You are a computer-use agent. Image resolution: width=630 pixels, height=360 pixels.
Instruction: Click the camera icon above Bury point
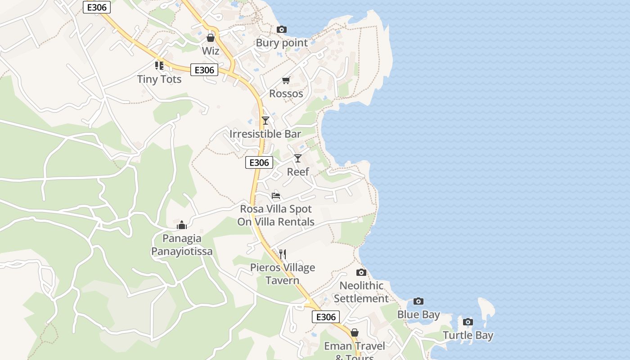(x=282, y=30)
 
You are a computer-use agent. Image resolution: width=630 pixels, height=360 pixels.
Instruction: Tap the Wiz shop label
(x=211, y=51)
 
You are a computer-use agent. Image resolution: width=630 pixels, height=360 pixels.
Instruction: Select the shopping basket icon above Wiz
(x=211, y=38)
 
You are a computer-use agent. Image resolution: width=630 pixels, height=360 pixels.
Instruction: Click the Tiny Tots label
(x=159, y=79)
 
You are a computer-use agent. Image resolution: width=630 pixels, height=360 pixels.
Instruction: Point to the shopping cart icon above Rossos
(x=286, y=81)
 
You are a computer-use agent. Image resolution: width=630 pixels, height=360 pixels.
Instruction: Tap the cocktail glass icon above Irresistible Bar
(x=265, y=120)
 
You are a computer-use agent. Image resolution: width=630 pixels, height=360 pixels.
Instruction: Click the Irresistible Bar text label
(x=265, y=134)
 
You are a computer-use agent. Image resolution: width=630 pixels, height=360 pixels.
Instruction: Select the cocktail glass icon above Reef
(x=298, y=158)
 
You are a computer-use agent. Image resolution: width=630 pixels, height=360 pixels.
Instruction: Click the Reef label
(x=298, y=172)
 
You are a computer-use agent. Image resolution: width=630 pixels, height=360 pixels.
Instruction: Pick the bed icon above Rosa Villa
(x=276, y=196)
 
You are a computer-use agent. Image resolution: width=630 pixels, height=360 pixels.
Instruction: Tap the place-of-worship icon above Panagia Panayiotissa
(x=182, y=225)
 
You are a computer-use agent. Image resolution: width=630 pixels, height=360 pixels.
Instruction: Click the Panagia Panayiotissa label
(x=182, y=245)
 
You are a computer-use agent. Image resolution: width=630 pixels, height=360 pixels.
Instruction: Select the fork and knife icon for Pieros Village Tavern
(x=283, y=254)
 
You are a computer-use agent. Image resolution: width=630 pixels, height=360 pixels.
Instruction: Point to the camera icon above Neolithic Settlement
(x=361, y=272)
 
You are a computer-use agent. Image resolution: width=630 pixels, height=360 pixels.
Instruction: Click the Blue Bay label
(x=418, y=315)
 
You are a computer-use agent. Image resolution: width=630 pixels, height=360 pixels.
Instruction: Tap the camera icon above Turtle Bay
(x=468, y=322)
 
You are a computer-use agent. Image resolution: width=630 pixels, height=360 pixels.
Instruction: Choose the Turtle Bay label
(x=468, y=335)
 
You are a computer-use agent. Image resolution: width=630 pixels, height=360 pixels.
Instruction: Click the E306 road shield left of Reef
(x=259, y=162)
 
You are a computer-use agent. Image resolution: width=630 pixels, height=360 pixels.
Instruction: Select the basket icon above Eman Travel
(x=355, y=333)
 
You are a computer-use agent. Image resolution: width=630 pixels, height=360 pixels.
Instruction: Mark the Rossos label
(x=286, y=94)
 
